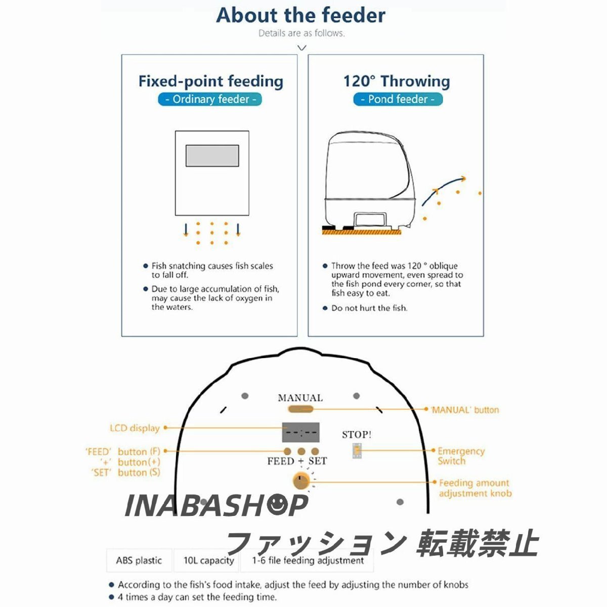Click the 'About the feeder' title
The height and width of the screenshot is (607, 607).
pyautogui.click(x=300, y=15)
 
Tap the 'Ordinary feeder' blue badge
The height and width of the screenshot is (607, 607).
pyautogui.click(x=210, y=99)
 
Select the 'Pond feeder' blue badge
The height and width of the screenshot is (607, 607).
pyautogui.click(x=398, y=99)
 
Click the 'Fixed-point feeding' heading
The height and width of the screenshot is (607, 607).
pyautogui.click(x=210, y=81)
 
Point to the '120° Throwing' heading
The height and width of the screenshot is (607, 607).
pyautogui.click(x=397, y=81)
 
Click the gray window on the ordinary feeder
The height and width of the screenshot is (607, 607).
pyautogui.click(x=212, y=156)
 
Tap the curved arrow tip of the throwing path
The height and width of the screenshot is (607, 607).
pyautogui.click(x=462, y=179)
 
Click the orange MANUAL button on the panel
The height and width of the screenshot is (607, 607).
pyautogui.click(x=300, y=409)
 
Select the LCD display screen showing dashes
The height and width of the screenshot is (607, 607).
pyautogui.click(x=300, y=432)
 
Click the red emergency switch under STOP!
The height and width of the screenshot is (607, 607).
pyautogui.click(x=357, y=451)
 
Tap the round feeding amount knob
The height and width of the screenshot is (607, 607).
pyautogui.click(x=301, y=481)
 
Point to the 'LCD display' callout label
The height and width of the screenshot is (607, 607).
pyautogui.click(x=135, y=428)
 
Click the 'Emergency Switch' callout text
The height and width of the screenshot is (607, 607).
pyautogui.click(x=461, y=456)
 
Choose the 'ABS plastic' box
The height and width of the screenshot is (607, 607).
pyautogui.click(x=139, y=560)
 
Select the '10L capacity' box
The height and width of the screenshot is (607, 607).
pyautogui.click(x=208, y=560)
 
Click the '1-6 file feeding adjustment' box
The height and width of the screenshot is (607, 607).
pyautogui.click(x=309, y=560)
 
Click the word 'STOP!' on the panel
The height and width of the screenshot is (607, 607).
pyautogui.click(x=357, y=435)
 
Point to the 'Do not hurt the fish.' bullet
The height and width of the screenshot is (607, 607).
pyautogui.click(x=369, y=308)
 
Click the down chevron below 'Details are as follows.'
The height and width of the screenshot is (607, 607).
pyautogui.click(x=302, y=48)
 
